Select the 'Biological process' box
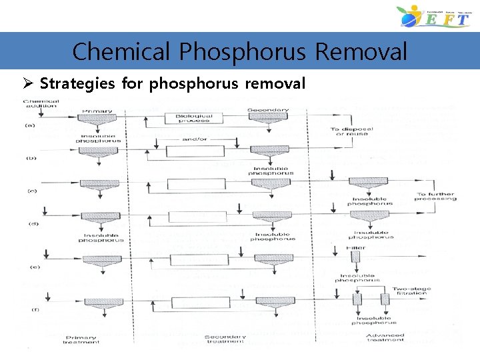coord(195,118)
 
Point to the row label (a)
coord(29,125)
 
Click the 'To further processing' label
coord(436,196)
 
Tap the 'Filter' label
coord(357,247)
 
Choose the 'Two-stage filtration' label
coord(411,291)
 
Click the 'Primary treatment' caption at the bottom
coord(82,340)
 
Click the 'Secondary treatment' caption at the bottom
coord(224,340)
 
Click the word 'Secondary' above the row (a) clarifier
coord(268,109)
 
